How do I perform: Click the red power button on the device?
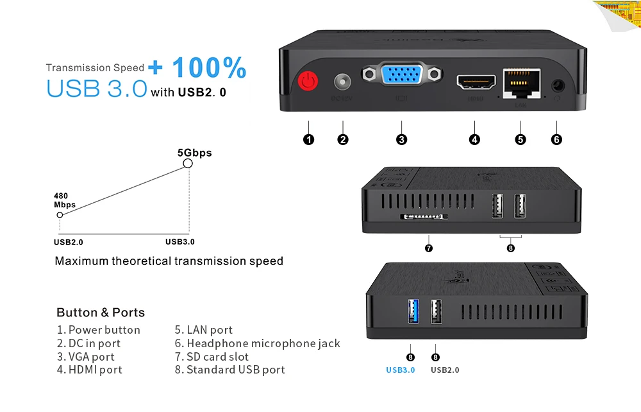(309, 83)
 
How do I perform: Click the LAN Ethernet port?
(520, 82)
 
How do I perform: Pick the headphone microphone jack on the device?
(556, 85)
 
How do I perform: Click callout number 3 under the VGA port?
(401, 139)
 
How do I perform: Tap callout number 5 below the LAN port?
(520, 139)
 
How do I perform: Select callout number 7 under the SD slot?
(429, 248)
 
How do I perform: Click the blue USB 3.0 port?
(413, 311)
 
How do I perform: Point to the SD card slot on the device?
(424, 218)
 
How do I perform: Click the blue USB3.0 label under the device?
(400, 370)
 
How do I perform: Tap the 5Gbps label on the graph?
(194, 153)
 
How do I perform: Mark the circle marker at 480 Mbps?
(60, 216)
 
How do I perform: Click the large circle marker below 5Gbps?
(188, 164)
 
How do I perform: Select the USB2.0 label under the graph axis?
(69, 242)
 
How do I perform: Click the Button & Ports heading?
(101, 313)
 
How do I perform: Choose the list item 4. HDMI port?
(89, 370)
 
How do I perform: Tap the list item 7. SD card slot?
(212, 357)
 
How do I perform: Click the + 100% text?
(197, 68)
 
